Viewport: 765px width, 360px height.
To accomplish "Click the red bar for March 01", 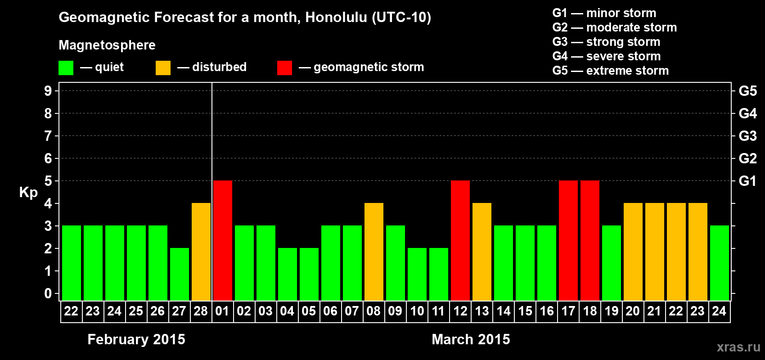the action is [223, 240].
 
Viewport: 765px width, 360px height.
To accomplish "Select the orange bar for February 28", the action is [201, 252].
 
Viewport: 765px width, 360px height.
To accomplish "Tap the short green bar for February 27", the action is [180, 274].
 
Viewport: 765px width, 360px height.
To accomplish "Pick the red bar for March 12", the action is [460, 240].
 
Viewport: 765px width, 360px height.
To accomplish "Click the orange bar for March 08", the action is [374, 252].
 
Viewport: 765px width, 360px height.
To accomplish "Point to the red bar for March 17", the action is [569, 240].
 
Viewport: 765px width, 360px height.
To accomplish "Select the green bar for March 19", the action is [612, 263].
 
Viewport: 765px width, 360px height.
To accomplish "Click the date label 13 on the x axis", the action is [482, 311].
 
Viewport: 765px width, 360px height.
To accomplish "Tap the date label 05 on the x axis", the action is [309, 311].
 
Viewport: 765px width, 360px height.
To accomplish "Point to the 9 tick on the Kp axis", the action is [48, 91].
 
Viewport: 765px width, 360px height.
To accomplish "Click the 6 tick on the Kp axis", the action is [48, 158].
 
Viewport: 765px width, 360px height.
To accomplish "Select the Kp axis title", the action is [28, 192].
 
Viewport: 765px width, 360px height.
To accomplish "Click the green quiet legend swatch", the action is [66, 67].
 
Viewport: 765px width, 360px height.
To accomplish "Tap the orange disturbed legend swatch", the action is [163, 67].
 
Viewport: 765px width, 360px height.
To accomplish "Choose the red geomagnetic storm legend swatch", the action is [285, 67].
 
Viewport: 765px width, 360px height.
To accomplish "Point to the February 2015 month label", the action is [136, 339].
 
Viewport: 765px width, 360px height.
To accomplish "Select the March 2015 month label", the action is [471, 339].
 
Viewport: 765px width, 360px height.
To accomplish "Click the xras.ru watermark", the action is [738, 347].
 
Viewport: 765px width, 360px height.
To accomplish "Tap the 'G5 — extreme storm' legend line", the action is [611, 71].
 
